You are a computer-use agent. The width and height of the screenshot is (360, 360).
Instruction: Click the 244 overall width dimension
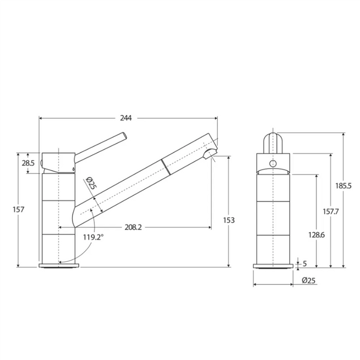[127, 118]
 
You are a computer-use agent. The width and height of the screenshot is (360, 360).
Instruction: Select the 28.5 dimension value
[28, 163]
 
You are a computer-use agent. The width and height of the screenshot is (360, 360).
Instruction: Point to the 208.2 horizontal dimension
[133, 227]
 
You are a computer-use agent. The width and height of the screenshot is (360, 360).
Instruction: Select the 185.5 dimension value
[344, 186]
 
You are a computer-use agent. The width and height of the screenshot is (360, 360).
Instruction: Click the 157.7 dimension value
[331, 211]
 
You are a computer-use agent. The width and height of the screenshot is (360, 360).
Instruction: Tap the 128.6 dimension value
[316, 235]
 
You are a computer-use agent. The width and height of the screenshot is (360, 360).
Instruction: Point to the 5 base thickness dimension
[304, 263]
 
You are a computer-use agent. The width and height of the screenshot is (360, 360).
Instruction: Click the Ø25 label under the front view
[309, 281]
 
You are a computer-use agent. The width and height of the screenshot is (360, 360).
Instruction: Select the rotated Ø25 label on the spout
[92, 183]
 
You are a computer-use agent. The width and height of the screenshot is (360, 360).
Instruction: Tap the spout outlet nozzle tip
[211, 154]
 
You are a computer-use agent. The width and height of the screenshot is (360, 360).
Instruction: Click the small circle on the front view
[273, 164]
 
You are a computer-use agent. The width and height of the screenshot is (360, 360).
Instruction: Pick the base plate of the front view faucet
[273, 266]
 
